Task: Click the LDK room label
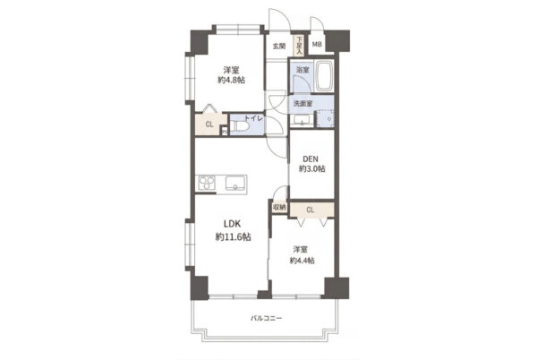click(233, 224)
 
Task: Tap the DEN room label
click(311, 159)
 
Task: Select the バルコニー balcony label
click(266, 319)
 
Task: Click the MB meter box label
click(317, 44)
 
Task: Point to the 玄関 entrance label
click(279, 46)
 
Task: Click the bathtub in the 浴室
click(324, 76)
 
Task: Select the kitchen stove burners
click(207, 182)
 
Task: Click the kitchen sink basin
click(235, 183)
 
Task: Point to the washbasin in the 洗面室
click(302, 121)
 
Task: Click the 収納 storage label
click(279, 207)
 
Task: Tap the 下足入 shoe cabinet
click(299, 46)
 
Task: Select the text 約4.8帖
click(231, 81)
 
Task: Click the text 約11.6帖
click(233, 236)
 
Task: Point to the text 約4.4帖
click(303, 261)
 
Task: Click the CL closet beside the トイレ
click(210, 124)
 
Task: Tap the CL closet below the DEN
click(311, 210)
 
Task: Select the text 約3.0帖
click(312, 169)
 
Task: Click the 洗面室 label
click(303, 104)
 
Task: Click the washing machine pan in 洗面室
click(324, 119)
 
